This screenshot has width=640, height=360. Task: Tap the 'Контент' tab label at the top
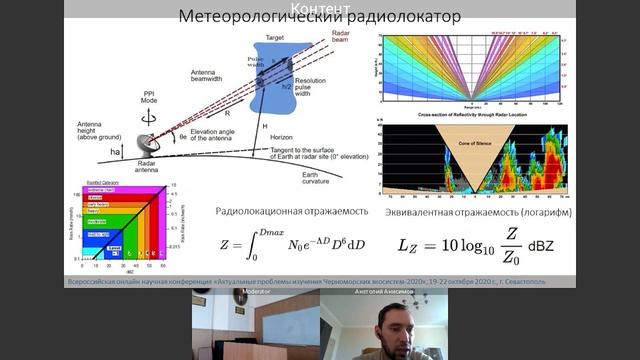320,6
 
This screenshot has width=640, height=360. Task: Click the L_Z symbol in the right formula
409,245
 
